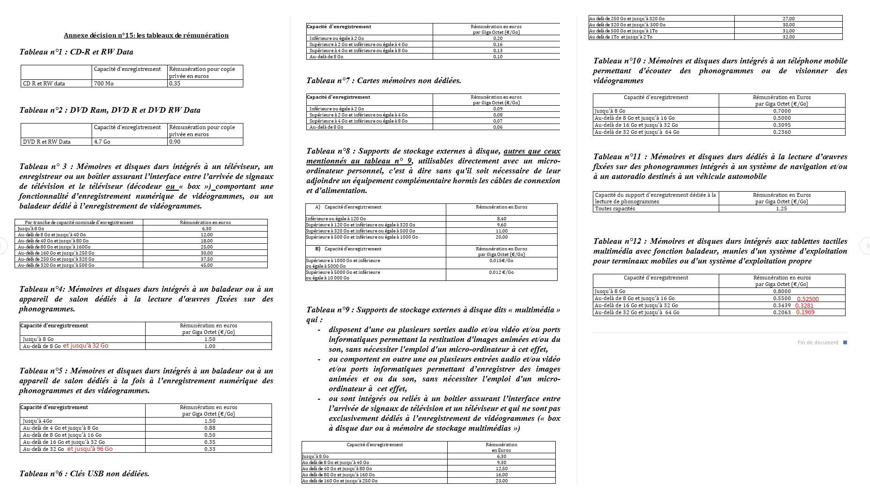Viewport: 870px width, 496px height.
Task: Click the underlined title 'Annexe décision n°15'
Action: click(146, 35)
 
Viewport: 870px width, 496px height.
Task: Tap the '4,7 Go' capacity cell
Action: click(102, 142)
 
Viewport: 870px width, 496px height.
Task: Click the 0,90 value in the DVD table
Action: click(175, 142)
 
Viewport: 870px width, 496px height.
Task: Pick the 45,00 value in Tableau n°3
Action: click(207, 265)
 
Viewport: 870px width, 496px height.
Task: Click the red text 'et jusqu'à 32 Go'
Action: click(85, 346)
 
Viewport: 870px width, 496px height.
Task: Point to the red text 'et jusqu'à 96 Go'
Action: click(90, 449)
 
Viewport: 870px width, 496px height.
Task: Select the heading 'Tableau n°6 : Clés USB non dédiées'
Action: click(85, 473)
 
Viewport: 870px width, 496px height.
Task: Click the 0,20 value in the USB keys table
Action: click(498, 39)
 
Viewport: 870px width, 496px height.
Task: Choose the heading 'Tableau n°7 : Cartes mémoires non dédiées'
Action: click(383, 80)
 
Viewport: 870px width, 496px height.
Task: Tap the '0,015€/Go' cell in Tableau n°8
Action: click(501, 260)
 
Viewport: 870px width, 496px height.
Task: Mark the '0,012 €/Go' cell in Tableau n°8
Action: click(501, 272)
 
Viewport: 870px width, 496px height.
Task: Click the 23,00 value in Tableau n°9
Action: click(502, 480)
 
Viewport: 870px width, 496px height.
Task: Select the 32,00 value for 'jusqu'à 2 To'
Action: click(789, 37)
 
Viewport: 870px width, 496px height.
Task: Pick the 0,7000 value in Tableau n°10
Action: click(782, 111)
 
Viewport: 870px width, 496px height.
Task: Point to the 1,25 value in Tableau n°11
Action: click(782, 209)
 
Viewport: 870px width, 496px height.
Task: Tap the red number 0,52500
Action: click(808, 299)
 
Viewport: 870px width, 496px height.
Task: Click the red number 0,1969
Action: click(805, 312)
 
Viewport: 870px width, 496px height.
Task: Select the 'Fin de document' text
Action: click(818, 342)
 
